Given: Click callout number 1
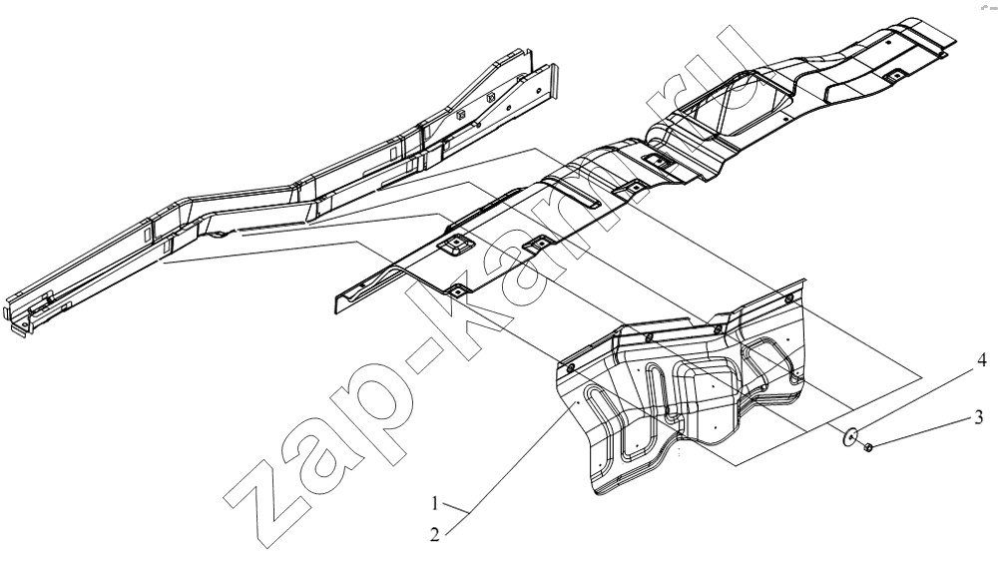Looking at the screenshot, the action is (x=435, y=504).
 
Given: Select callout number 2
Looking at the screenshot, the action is (x=435, y=535).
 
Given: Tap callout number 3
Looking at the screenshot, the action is (x=979, y=417).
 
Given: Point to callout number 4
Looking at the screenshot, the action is (x=982, y=361).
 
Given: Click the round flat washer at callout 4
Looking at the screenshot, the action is (x=849, y=437).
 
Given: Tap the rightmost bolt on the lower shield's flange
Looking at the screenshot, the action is (x=789, y=298).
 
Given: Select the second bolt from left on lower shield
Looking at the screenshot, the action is (x=648, y=336).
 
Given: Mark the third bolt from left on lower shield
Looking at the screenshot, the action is (x=718, y=329).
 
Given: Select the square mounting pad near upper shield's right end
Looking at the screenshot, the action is (x=894, y=75).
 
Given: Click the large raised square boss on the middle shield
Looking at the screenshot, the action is (x=453, y=246).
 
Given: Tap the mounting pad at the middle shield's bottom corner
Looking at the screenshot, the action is (x=458, y=290).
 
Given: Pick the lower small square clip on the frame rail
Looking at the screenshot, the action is (x=459, y=115).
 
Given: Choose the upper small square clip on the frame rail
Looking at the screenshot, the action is (x=490, y=98).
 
